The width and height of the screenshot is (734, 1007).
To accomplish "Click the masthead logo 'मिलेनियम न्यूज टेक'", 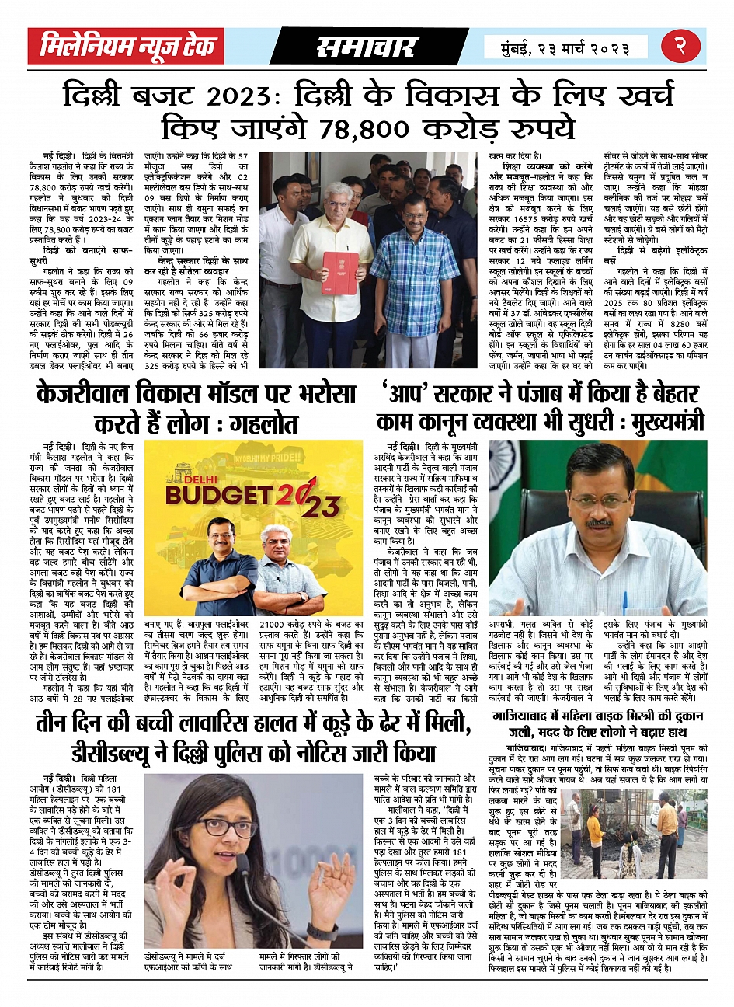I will (128, 47).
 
